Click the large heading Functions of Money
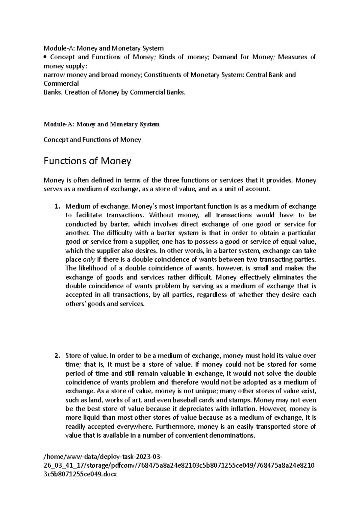pyautogui.click(x=87, y=161)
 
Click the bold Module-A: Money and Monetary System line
pyautogui.click(x=101, y=124)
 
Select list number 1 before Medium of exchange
pyautogui.click(x=57, y=207)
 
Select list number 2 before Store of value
pyautogui.click(x=57, y=356)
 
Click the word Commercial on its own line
pyautogui.click(x=61, y=84)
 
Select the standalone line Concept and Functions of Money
pyautogui.click(x=92, y=140)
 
